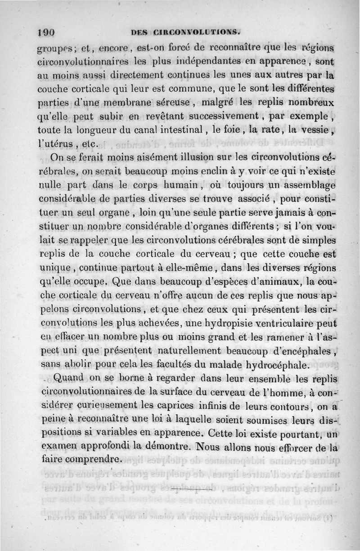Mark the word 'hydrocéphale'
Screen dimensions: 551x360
270,364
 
